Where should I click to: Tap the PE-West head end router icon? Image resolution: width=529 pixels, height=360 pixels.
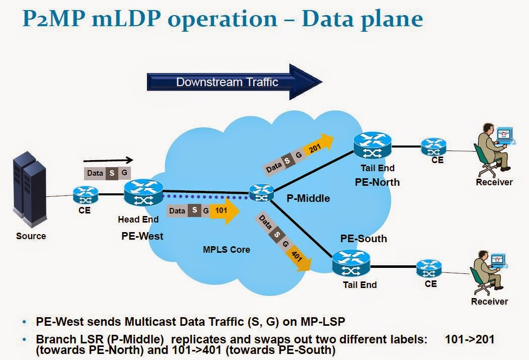click(143, 192)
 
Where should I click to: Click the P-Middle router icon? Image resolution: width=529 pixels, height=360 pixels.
click(261, 191)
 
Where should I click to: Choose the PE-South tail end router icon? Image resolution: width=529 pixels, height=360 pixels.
click(351, 264)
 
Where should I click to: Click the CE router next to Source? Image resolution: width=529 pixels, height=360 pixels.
click(85, 194)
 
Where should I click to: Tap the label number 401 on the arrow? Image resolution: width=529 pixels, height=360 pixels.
click(297, 256)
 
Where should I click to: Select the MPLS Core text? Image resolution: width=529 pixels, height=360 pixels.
click(226, 249)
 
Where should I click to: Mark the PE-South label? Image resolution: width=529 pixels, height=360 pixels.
click(363, 238)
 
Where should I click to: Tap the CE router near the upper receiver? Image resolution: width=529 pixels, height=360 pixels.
click(433, 147)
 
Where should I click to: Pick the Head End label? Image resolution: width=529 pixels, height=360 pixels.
click(138, 220)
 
